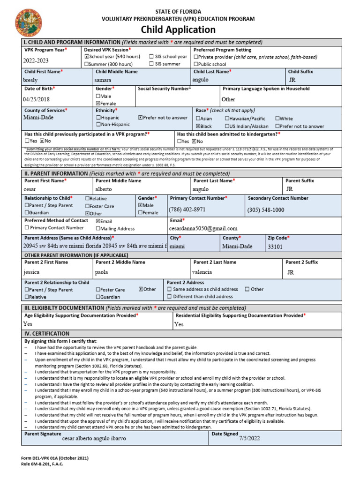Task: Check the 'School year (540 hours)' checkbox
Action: click(87, 57)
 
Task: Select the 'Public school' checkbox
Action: click(196, 64)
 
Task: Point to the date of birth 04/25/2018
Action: click(36, 99)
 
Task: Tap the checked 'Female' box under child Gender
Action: click(98, 103)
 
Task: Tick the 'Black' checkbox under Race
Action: click(198, 126)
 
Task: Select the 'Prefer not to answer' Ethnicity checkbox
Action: click(141, 118)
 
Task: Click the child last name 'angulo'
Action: click(200, 80)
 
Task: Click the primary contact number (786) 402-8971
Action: click(187, 210)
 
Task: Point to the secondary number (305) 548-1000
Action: click(266, 210)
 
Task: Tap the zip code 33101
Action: click(275, 246)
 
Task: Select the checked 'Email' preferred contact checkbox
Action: click(98, 221)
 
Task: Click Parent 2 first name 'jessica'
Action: click(31, 271)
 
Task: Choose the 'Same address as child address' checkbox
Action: click(169, 289)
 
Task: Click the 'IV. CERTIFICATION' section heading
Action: click(47, 333)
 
